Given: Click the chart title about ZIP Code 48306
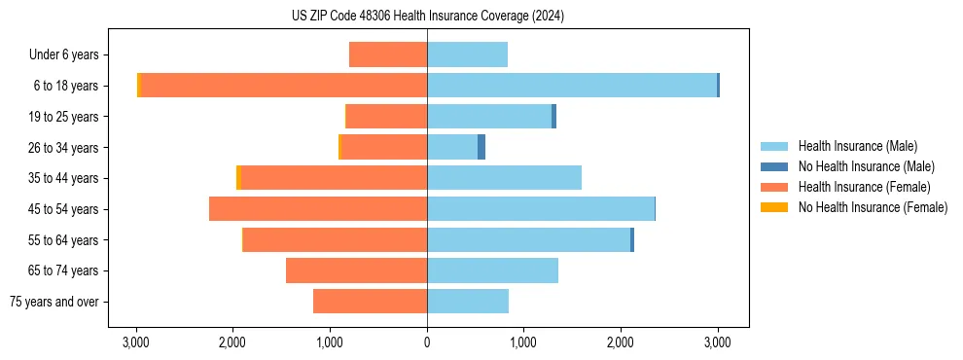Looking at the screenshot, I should coord(427,17).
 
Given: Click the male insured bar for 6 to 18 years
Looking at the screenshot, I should coord(572,86).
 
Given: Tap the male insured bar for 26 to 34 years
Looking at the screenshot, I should coord(452,147).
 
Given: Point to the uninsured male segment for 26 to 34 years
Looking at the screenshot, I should coord(481,147).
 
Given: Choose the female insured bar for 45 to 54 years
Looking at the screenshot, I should coord(318,209).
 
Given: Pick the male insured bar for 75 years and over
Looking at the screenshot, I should coord(468,302).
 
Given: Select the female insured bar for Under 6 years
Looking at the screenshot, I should coord(388,55).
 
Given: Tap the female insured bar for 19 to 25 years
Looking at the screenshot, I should coord(387,117).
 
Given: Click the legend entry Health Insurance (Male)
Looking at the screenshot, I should coord(857,147).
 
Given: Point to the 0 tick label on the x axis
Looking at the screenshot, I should coord(427,342).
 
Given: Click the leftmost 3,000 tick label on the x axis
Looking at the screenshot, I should coord(136,342).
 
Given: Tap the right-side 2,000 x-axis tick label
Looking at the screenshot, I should coord(621,342).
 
